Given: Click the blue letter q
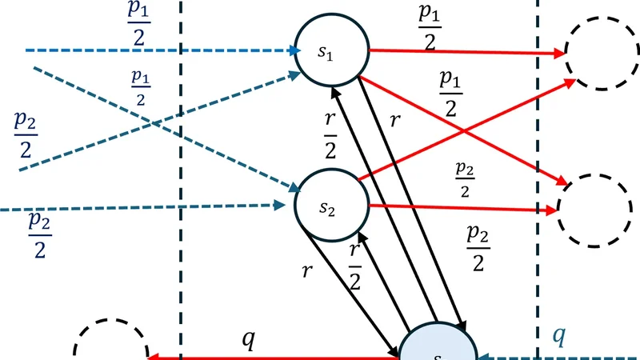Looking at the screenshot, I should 559,337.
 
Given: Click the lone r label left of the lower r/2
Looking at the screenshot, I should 306,270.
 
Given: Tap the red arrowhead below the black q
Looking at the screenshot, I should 154,357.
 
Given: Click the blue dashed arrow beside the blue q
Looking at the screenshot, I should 560,356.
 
